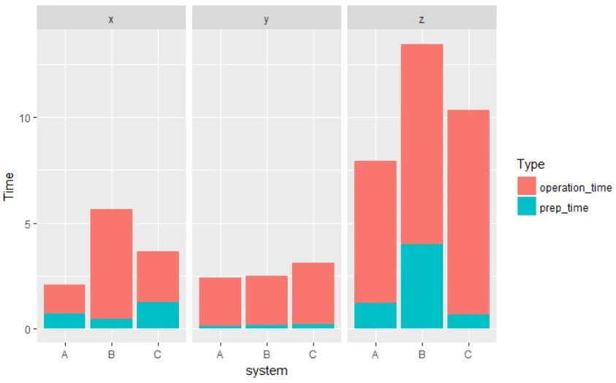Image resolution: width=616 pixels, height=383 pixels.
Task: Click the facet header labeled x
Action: click(111, 20)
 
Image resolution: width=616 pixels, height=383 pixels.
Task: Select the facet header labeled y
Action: click(266, 20)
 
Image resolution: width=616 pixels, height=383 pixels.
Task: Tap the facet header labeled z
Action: click(422, 20)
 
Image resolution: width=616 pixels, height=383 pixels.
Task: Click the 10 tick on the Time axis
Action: click(23, 118)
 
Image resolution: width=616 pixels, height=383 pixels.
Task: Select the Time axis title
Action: click(9, 184)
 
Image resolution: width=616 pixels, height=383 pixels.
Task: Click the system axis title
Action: click(267, 371)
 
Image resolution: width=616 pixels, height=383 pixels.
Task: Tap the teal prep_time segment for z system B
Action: click(422, 286)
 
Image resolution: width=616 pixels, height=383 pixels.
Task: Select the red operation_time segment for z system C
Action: click(468, 212)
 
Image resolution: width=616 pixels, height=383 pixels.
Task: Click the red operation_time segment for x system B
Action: click(111, 263)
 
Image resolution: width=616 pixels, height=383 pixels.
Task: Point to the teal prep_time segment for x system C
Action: click(158, 315)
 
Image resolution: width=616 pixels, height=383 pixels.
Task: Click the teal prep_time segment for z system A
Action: click(375, 315)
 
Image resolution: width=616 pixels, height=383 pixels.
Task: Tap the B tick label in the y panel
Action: click(266, 355)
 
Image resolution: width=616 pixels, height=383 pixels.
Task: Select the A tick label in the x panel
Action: click(64, 355)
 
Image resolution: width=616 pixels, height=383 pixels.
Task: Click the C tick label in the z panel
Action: click(468, 355)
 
